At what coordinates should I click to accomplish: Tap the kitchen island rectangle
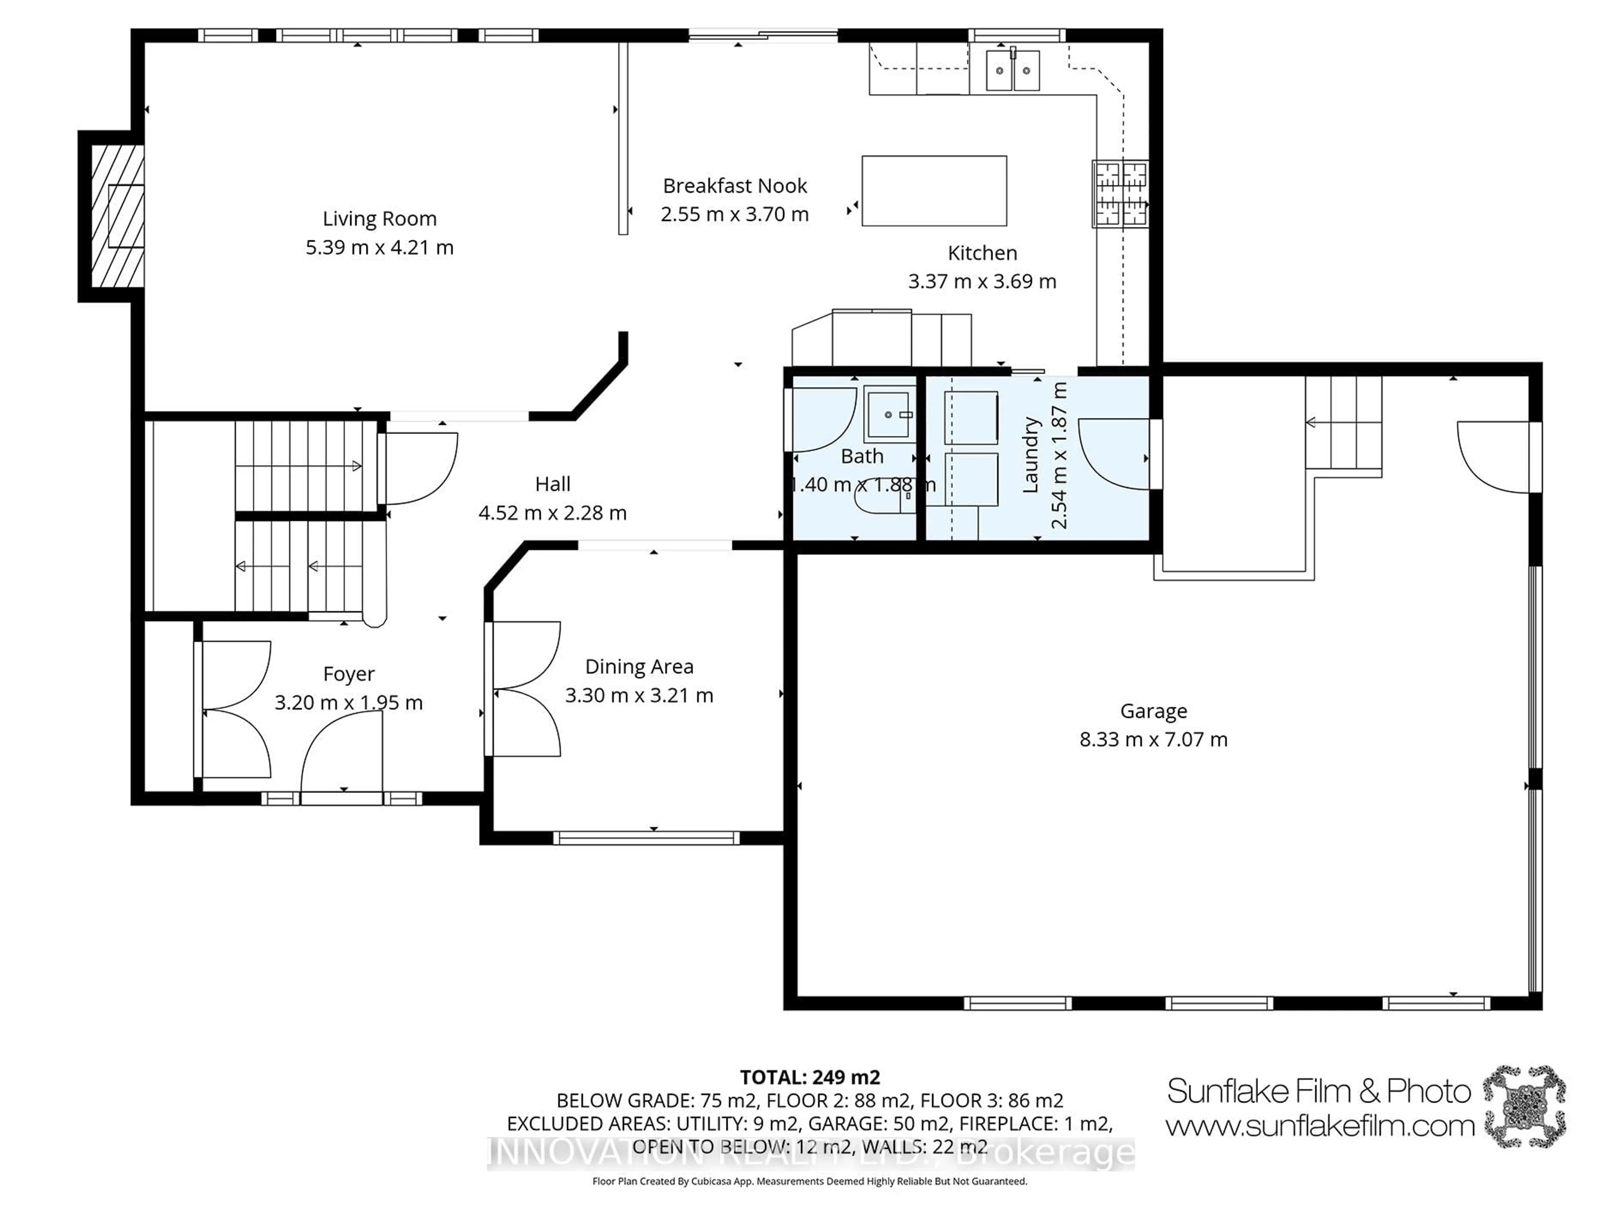934,190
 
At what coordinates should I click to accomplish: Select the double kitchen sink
1012,70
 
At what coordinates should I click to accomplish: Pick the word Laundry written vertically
1031,454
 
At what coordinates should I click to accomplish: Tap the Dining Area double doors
526,688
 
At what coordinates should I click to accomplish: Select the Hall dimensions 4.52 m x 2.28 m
552,513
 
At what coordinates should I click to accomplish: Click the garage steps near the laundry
1344,423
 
